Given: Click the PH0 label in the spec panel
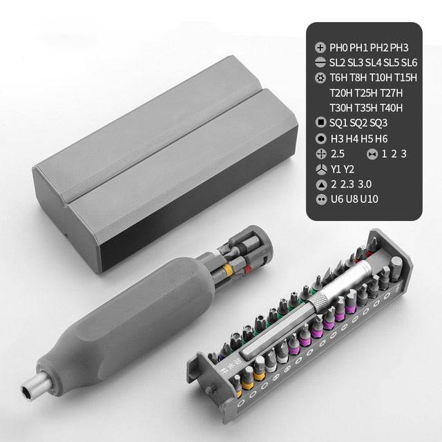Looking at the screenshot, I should click(x=338, y=48).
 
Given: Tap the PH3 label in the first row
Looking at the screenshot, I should click(x=399, y=48).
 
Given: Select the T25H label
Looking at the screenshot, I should click(x=367, y=93).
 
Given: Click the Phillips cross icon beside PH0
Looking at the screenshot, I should click(x=320, y=48).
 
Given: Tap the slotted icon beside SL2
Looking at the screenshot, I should click(x=320, y=63).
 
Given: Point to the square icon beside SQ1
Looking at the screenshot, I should click(x=320, y=123).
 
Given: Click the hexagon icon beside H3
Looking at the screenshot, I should click(x=320, y=138).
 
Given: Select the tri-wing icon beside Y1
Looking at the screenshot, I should click(x=320, y=169).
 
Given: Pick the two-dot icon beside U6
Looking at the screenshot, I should click(x=320, y=199).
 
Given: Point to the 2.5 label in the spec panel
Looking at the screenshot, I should click(x=338, y=153).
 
